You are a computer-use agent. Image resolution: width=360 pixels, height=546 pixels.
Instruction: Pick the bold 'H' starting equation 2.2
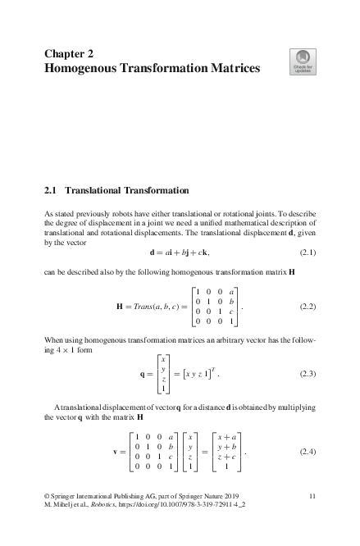(x=120, y=307)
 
